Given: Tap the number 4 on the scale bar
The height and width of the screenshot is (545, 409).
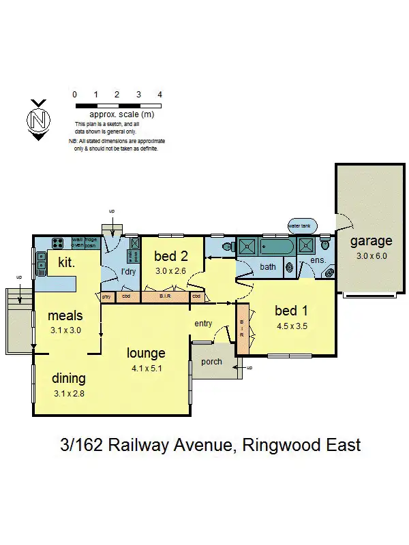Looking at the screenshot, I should (x=160, y=95).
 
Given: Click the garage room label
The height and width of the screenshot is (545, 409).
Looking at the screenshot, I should (x=371, y=240).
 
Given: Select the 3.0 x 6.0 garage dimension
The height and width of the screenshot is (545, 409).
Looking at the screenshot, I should (x=371, y=256).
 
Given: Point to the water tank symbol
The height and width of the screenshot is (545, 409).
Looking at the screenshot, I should (x=300, y=225).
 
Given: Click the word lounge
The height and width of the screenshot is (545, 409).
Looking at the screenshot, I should (x=147, y=353).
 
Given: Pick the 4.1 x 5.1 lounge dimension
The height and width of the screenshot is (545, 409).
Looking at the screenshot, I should (x=147, y=369).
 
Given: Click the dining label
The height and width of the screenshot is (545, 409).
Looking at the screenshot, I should (x=68, y=378).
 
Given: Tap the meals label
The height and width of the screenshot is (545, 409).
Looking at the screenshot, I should (x=65, y=315).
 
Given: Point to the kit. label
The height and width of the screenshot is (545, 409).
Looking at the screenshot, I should (x=66, y=262).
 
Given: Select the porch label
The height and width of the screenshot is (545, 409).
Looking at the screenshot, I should (x=211, y=361).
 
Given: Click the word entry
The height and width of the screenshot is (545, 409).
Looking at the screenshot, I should (x=203, y=324).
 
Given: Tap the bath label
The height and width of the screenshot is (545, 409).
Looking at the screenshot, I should (x=268, y=266).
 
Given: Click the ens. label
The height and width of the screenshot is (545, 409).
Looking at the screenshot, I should (x=318, y=261).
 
